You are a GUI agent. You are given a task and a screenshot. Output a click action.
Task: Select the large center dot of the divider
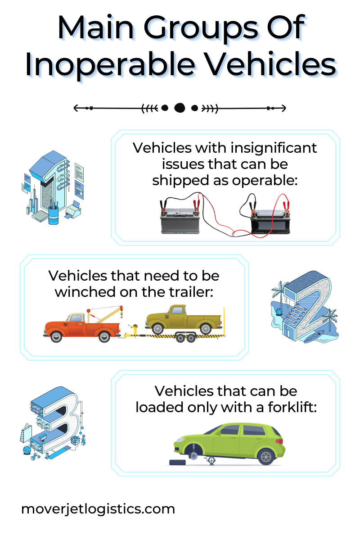click(x=180, y=108)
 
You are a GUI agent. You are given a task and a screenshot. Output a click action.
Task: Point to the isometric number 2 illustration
click(x=305, y=306)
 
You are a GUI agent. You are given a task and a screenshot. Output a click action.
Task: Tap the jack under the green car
click(x=209, y=459)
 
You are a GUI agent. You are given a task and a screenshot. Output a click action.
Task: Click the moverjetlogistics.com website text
click(x=98, y=509)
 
